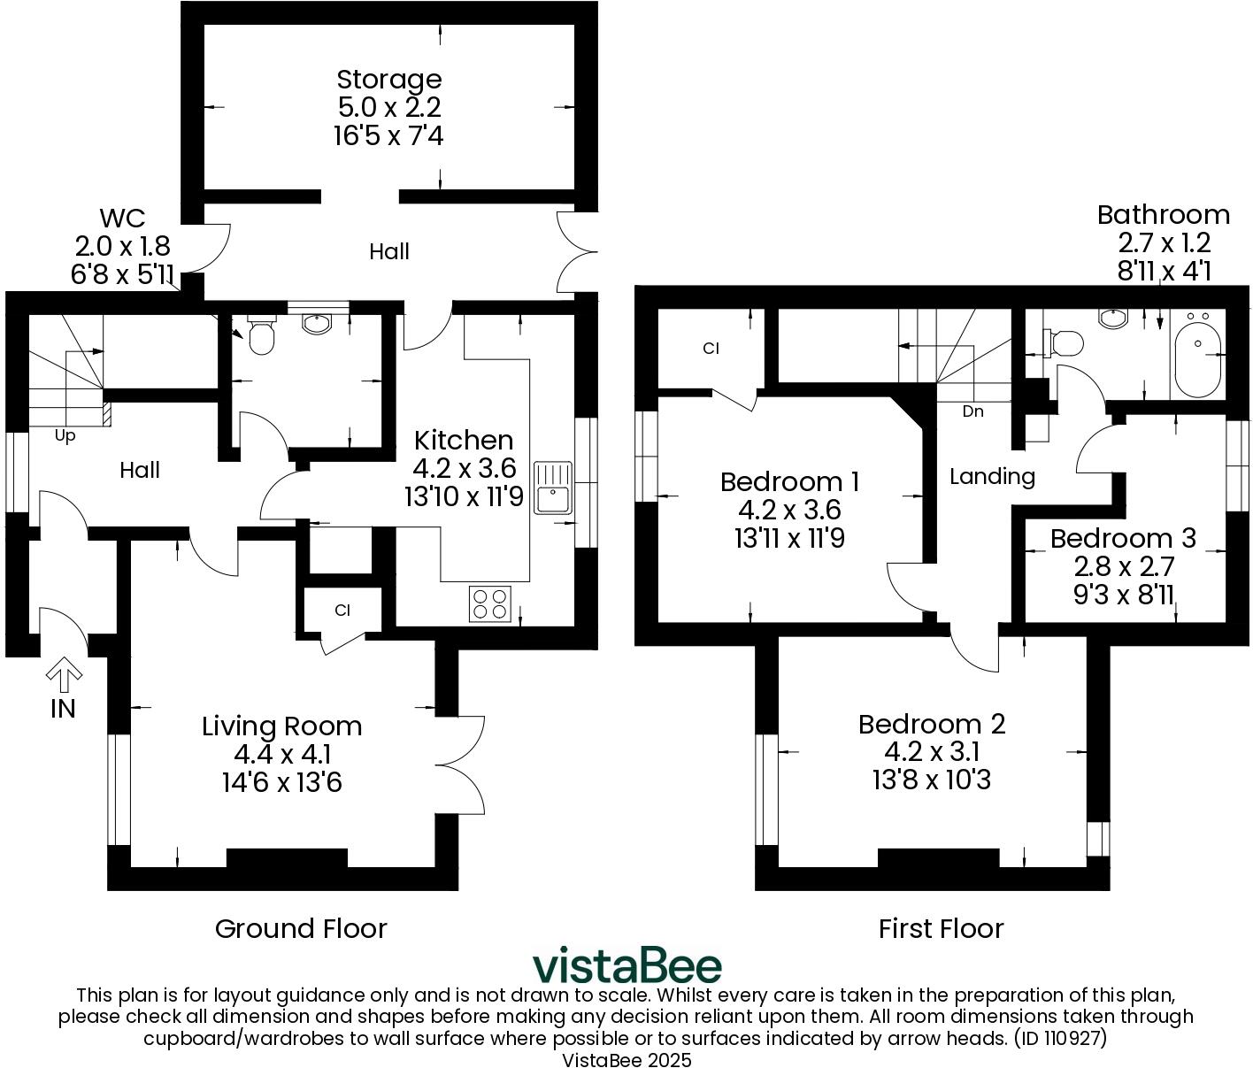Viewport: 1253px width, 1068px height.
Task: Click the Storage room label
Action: point(388,80)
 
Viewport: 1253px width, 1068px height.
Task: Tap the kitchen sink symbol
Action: point(554,488)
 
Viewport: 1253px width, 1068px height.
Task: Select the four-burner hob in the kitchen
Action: point(490,603)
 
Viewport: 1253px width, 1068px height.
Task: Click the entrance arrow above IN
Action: point(64,676)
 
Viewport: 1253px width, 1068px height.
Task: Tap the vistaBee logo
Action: point(626,966)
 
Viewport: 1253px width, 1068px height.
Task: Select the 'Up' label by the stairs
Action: point(65,435)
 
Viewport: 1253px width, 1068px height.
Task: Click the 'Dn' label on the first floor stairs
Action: point(972,411)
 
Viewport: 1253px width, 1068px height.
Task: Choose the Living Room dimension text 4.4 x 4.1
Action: point(281,755)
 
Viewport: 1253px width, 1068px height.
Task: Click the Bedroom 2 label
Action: point(932,724)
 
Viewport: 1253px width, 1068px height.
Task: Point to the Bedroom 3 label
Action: point(1122,538)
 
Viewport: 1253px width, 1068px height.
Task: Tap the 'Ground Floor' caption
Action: point(301,928)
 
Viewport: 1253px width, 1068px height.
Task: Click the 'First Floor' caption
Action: point(941,928)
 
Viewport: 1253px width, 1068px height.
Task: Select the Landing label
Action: point(992,477)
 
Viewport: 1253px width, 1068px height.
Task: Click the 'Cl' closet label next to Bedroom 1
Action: point(711,349)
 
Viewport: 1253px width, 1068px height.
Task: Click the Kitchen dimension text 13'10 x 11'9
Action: point(464,497)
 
